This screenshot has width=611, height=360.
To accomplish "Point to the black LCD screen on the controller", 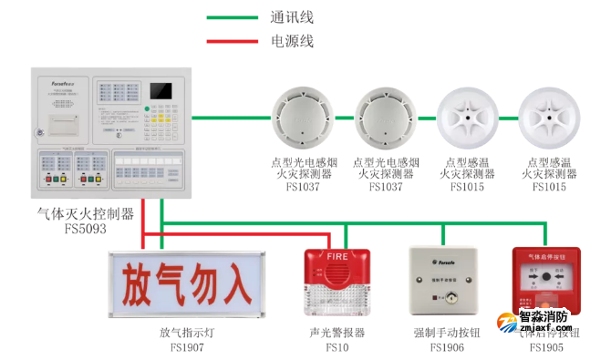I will coord(161,91).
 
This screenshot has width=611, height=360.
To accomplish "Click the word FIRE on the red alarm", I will coord(337,257).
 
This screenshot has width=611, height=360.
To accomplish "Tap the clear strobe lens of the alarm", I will coord(337,296).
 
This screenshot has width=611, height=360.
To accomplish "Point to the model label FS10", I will coord(337,347).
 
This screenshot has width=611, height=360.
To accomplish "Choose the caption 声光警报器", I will coord(337,333).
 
